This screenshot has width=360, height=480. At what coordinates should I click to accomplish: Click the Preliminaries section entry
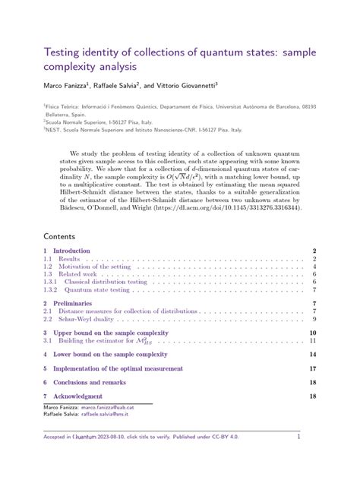pos(74,304)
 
